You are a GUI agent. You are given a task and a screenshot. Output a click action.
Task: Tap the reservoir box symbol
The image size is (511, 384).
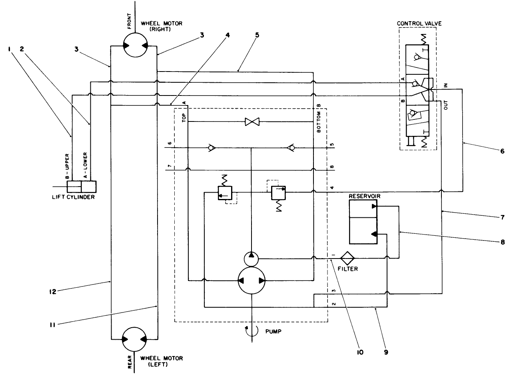pyautogui.click(x=363, y=222)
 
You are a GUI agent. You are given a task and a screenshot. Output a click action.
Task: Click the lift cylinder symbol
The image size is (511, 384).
pyautogui.click(x=82, y=187)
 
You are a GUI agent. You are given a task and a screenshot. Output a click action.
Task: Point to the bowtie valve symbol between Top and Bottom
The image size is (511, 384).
pyautogui.click(x=252, y=121)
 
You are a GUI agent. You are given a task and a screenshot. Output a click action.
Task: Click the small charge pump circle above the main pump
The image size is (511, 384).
pyautogui.click(x=251, y=259)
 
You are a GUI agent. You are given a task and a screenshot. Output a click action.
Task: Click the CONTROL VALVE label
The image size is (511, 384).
pyautogui.click(x=419, y=24)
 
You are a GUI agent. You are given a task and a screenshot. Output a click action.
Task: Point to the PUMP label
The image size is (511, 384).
pyautogui.click(x=273, y=331)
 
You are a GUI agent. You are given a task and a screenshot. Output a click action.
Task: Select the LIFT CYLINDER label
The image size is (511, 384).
pyautogui.click(x=74, y=197)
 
